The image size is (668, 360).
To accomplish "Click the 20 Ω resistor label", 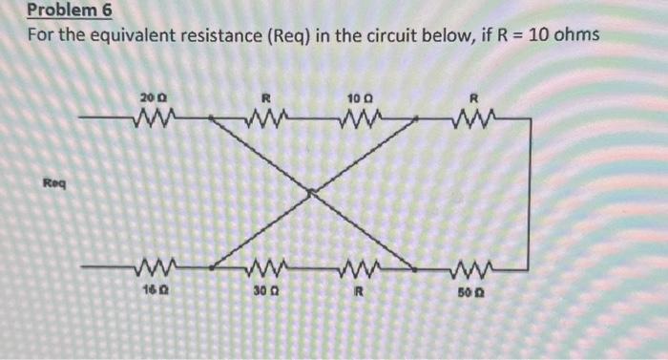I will pos(152,98).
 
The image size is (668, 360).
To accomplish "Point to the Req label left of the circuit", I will pos(53,180).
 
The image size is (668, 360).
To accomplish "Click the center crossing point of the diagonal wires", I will pos(310,192).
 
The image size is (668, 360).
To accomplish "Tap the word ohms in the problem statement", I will pos(575,35).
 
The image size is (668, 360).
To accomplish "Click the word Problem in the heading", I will pos(59,11).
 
